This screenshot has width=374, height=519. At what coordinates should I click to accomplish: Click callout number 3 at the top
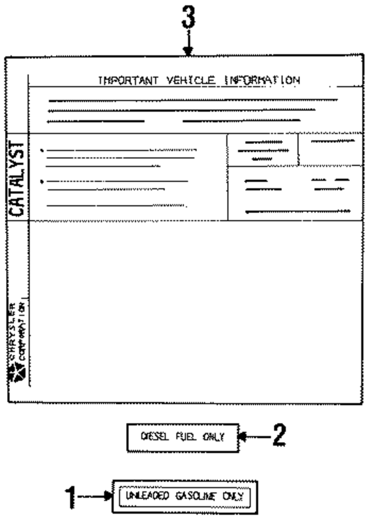click(x=188, y=18)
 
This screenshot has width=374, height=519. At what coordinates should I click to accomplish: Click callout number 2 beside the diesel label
click(x=279, y=435)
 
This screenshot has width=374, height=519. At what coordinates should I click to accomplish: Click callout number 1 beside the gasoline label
click(x=70, y=497)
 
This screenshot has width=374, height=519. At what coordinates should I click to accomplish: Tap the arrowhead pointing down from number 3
click(x=188, y=51)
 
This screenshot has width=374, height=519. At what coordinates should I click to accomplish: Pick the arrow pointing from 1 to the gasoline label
click(x=95, y=497)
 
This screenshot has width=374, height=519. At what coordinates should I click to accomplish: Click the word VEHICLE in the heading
click(x=191, y=81)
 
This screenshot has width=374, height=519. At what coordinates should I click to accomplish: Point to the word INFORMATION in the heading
click(x=262, y=81)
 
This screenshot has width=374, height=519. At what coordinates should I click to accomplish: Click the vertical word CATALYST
click(x=17, y=179)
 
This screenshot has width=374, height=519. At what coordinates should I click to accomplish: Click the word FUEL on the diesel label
click(x=186, y=437)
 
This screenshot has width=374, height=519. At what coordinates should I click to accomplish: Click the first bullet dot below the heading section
click(x=42, y=151)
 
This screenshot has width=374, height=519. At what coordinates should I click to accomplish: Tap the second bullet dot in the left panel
click(x=42, y=182)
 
